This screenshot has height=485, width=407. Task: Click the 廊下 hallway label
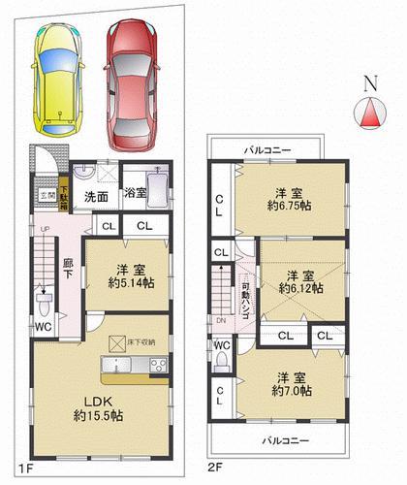coord(69,269)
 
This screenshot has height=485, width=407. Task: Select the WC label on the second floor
coord(222,346)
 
